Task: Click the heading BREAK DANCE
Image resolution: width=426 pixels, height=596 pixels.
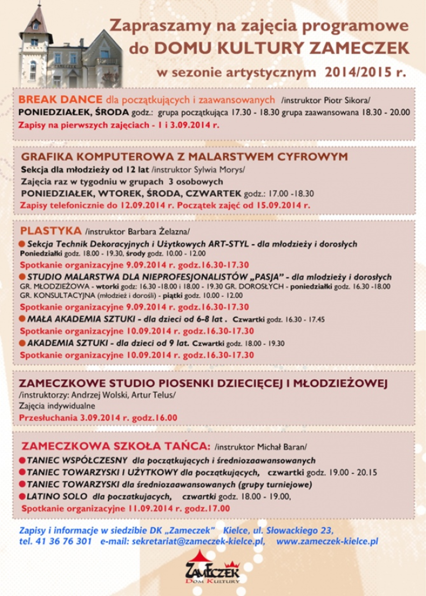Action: tap(60, 99)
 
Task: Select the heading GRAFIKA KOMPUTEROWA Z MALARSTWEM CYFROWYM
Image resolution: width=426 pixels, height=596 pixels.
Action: tap(184, 157)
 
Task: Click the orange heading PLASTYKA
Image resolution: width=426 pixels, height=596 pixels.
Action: tap(51, 231)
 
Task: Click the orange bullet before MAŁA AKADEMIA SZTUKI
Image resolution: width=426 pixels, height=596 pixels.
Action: tap(22, 319)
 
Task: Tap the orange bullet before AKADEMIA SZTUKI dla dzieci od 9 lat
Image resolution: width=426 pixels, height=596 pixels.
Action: tap(22, 343)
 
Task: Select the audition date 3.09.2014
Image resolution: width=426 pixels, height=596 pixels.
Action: tap(100, 418)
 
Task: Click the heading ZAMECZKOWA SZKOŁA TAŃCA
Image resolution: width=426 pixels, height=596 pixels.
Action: tap(116, 446)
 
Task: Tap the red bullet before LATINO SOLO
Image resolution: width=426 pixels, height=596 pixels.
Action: tap(22, 497)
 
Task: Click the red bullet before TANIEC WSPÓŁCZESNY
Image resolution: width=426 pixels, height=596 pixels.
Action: tap(22, 461)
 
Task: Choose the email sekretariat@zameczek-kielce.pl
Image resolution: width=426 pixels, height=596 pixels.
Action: tap(198, 541)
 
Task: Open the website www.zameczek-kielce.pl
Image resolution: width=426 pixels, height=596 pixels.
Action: tap(327, 541)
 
